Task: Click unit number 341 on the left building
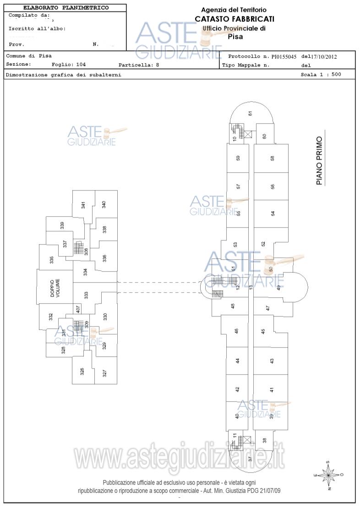click(83, 205)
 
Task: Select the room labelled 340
click(104, 204)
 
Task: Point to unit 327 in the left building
click(105, 373)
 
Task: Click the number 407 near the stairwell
click(78, 309)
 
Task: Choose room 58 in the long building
click(273, 158)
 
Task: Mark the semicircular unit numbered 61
click(251, 113)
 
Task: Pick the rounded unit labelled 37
click(250, 458)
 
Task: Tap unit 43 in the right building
click(272, 361)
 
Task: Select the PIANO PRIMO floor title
click(319, 160)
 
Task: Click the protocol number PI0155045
click(284, 57)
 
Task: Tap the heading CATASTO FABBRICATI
click(235, 19)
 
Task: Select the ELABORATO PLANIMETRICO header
click(66, 8)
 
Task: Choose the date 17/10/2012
click(323, 57)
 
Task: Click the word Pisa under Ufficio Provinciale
click(235, 37)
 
